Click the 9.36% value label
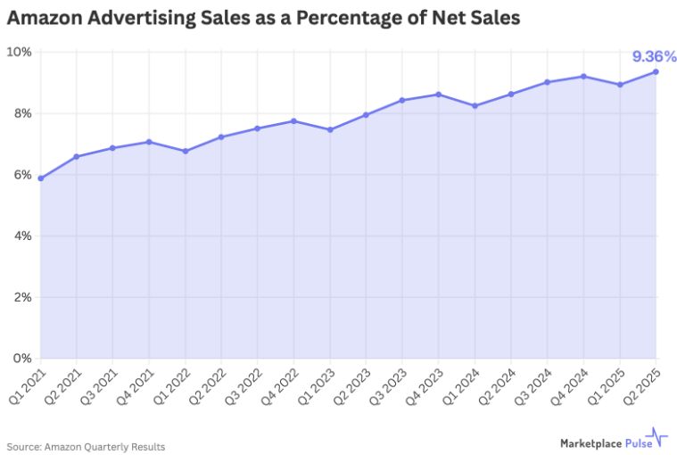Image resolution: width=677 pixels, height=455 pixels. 654,56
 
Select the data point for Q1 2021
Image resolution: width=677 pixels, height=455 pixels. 41,178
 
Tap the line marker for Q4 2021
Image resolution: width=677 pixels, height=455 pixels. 149,142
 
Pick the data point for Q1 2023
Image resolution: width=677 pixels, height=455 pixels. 330,129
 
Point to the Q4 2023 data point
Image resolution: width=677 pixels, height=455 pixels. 439,94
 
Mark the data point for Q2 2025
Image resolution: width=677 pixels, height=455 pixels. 656,71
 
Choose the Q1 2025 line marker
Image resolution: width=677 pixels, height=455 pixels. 620,85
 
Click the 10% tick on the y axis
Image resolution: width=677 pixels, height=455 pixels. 19,53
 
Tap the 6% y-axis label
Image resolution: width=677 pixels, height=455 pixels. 22,175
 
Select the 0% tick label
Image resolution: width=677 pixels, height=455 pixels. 22,359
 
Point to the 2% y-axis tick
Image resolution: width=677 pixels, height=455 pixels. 22,297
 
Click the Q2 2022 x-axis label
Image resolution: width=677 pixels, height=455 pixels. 208,386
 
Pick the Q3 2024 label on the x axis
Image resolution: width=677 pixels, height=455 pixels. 534,386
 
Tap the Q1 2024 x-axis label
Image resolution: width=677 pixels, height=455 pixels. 461,386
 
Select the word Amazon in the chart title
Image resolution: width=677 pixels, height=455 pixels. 45,18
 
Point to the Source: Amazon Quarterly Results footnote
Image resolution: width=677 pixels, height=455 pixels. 86,447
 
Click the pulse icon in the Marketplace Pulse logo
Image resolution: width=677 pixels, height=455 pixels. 657,437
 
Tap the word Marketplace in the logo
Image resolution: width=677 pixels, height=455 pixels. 590,443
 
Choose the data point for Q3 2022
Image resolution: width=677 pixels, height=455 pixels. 257,128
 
